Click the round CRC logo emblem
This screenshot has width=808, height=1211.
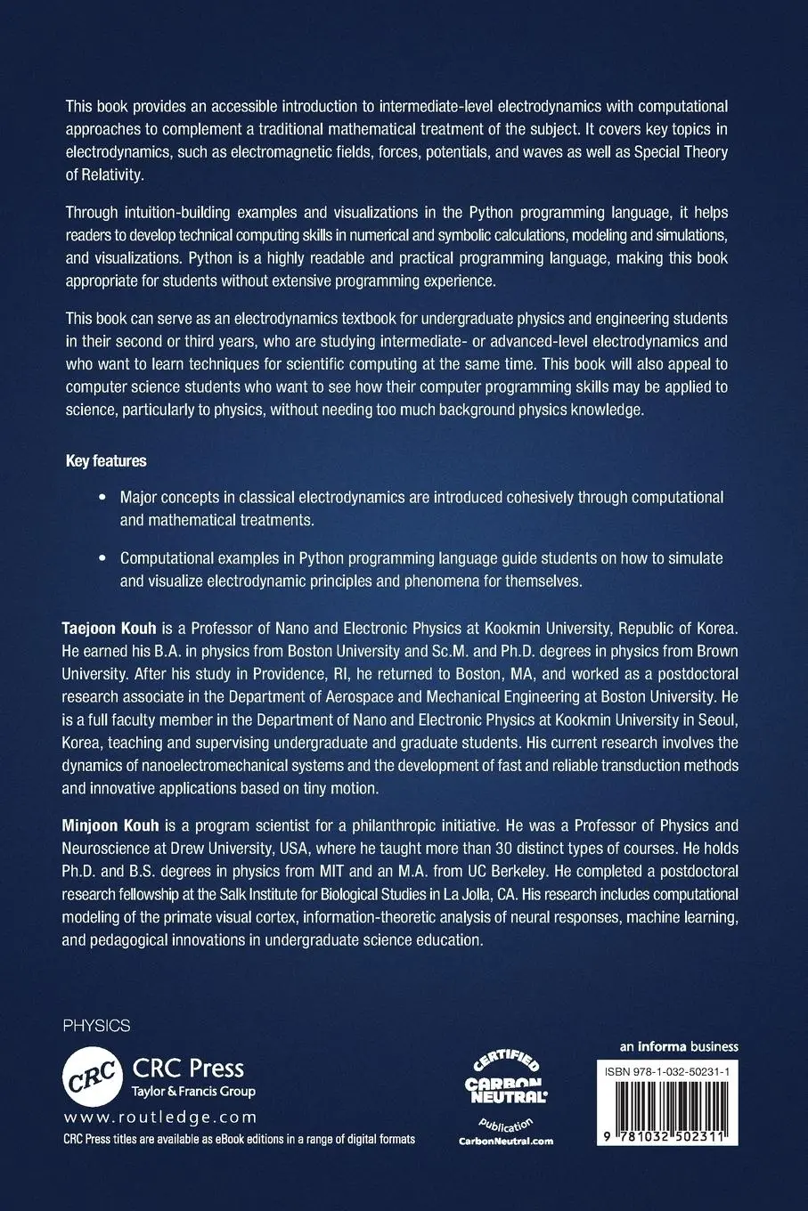click(93, 1076)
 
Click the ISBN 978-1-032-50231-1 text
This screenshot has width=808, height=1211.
click(667, 1075)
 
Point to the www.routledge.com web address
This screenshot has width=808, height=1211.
click(160, 1118)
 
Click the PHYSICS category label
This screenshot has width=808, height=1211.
click(97, 1026)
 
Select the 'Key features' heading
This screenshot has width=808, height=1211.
click(106, 461)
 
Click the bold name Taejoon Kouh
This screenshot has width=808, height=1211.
click(109, 629)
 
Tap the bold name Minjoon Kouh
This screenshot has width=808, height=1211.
click(110, 825)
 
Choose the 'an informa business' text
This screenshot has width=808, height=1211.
click(679, 1046)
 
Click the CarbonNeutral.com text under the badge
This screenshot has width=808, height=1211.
click(505, 1141)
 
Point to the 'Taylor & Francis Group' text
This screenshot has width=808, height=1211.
click(193, 1092)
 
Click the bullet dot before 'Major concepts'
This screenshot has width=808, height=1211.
click(101, 497)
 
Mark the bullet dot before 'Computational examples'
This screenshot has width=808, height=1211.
click(101, 558)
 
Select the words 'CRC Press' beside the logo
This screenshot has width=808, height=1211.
click(188, 1069)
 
